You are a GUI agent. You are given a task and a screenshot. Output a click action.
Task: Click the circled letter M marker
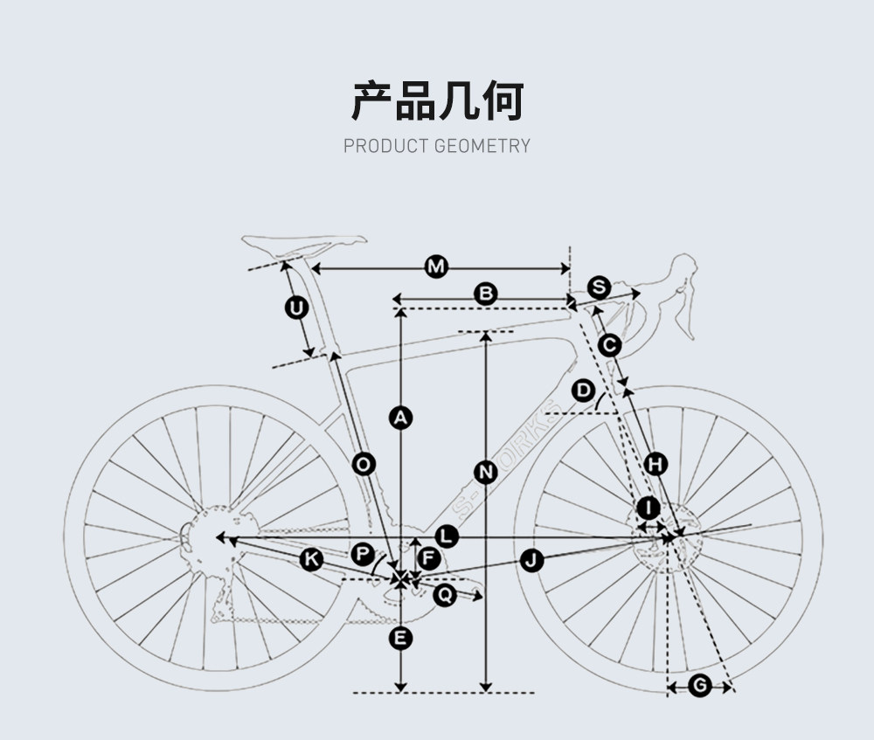[x=436, y=266]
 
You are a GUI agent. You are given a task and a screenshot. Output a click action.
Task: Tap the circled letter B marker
[x=485, y=294]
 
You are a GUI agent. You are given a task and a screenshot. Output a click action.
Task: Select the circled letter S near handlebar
[x=599, y=287]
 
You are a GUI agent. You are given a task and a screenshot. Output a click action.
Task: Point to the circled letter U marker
[x=297, y=308]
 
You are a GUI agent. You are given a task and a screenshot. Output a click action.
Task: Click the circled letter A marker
[x=400, y=418]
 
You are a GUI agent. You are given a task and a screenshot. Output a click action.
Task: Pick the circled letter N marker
[x=486, y=473]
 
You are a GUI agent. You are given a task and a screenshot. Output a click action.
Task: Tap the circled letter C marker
[x=610, y=345]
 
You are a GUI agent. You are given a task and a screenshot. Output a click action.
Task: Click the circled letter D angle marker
[x=584, y=390]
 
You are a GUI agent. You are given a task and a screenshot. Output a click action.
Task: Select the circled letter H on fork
[x=655, y=464]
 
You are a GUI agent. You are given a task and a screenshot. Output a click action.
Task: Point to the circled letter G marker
[x=699, y=686]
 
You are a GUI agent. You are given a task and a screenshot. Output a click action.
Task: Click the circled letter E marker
[x=400, y=640]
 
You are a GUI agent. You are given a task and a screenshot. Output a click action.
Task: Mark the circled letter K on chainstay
[x=311, y=559]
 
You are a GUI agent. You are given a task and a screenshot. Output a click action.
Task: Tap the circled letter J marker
[x=532, y=561]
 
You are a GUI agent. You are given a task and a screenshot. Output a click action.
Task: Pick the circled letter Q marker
[x=445, y=595]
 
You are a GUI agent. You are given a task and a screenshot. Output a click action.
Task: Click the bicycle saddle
[x=303, y=245]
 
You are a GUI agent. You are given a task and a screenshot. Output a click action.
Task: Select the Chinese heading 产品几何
[x=437, y=101]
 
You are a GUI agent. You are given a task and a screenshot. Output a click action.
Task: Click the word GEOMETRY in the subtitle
[x=482, y=146]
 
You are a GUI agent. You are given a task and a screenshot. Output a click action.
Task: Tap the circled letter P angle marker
[x=363, y=554]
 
